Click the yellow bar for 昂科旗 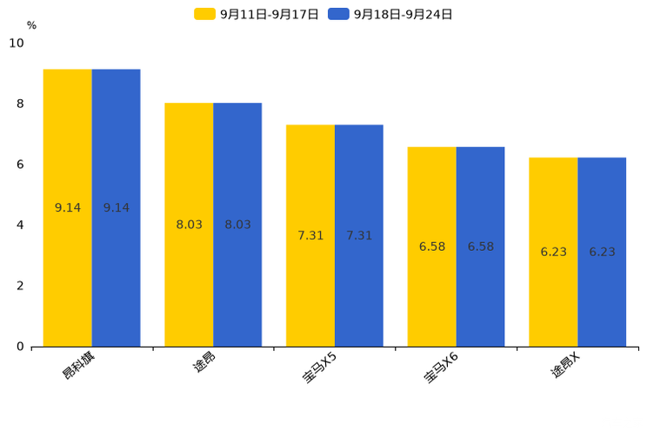68,208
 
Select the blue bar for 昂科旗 116,208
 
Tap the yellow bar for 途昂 189,225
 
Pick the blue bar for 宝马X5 359,236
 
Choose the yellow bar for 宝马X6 432,246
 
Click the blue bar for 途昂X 602,253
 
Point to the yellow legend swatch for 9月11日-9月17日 204,14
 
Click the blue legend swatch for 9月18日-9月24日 339,14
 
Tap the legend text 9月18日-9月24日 404,15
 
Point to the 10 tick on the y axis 17,43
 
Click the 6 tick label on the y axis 20,165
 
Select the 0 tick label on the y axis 20,347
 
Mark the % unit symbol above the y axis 32,25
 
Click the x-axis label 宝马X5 319,368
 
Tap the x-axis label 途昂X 565,365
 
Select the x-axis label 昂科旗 78,366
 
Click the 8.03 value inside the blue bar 237,225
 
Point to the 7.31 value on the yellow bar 310,236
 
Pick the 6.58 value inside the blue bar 481,246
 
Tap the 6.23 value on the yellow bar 554,253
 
